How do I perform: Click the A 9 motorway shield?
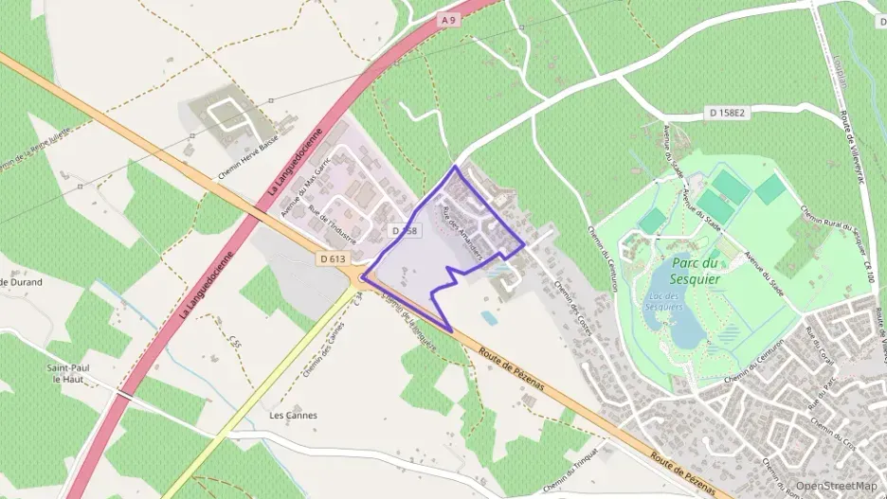click(448, 19)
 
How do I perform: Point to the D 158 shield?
click(405, 230)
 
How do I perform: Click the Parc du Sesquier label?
click(697, 271)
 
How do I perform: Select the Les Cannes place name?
click(294, 415)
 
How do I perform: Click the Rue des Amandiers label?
click(464, 234)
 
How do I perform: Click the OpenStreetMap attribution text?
click(837, 486)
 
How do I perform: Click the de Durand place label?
click(22, 282)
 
